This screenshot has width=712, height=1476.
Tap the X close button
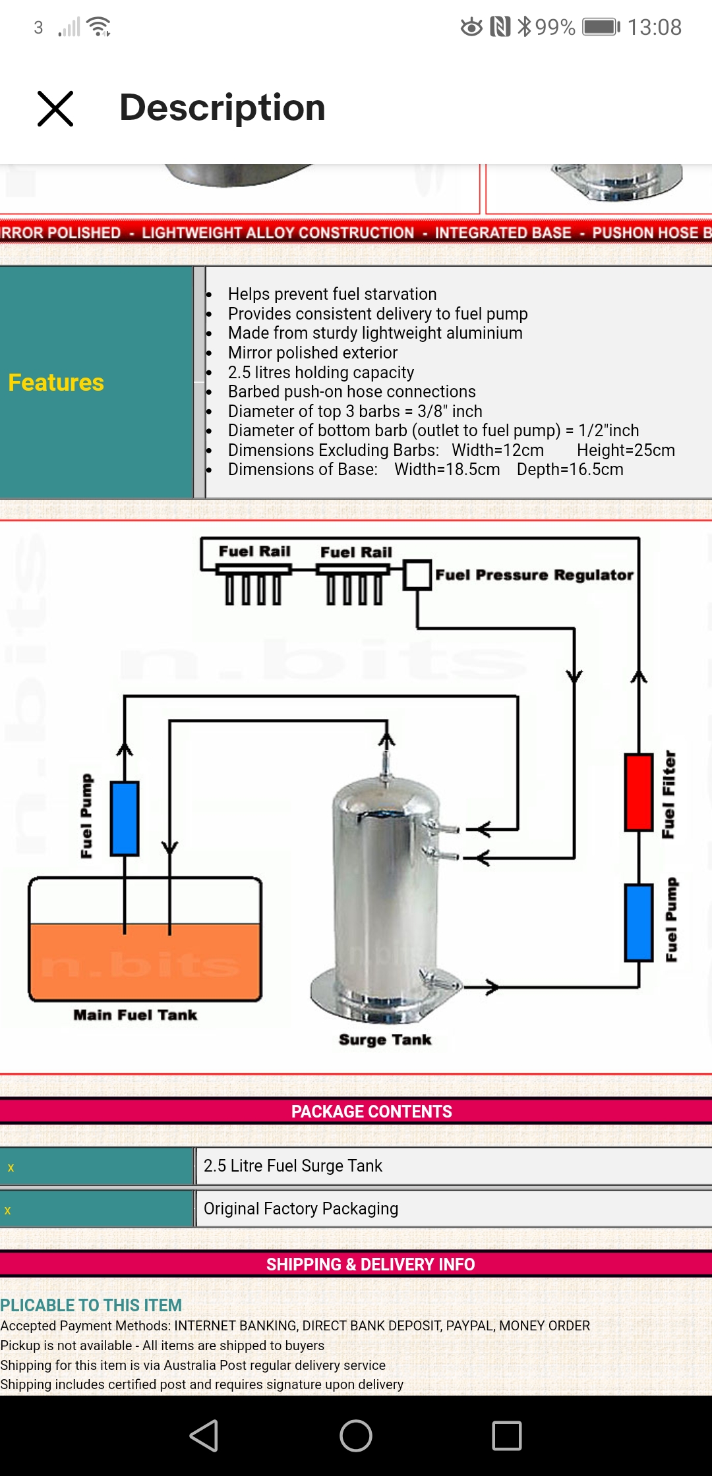click(55, 109)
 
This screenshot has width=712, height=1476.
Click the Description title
click(222, 107)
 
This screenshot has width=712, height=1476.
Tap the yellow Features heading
click(56, 383)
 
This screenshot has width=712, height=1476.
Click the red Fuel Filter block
click(638, 792)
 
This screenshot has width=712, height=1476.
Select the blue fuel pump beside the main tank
click(125, 818)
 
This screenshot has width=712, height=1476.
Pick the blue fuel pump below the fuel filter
click(638, 922)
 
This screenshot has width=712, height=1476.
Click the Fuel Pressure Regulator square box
click(417, 575)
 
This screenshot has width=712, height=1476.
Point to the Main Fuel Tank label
click(135, 1015)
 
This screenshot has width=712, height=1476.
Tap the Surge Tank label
click(385, 1040)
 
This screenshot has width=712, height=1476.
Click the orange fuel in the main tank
click(145, 962)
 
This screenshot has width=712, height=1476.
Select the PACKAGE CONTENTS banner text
click(371, 1112)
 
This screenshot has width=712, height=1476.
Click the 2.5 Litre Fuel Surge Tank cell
click(293, 1166)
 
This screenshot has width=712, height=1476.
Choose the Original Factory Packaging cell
click(301, 1208)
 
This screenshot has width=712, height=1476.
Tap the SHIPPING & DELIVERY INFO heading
click(370, 1264)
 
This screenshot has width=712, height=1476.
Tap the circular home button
click(356, 1436)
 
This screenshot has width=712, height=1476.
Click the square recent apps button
click(507, 1436)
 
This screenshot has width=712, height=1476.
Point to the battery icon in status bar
click(600, 27)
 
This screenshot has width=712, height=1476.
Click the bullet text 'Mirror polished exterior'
click(312, 353)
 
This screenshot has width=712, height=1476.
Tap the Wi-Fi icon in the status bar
click(99, 27)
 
